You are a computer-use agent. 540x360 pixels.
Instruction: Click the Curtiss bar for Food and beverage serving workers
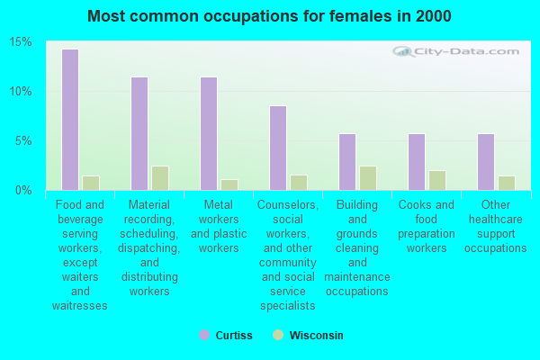(x=70, y=120)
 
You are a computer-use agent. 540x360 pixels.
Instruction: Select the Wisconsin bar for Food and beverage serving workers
(x=91, y=183)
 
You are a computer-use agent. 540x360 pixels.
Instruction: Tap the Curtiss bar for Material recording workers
(x=139, y=134)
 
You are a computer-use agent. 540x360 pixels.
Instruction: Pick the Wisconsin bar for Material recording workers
(x=160, y=178)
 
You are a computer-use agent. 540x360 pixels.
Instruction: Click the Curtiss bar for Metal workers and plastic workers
(x=209, y=134)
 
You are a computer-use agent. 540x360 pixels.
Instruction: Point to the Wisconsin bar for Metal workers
(x=229, y=184)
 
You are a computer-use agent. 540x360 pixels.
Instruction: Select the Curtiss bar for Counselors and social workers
(x=278, y=148)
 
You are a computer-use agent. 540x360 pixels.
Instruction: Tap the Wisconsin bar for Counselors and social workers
(x=299, y=183)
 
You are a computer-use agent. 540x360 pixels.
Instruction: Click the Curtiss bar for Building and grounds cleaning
(x=347, y=162)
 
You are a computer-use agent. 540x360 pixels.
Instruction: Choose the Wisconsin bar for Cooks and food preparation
(x=437, y=181)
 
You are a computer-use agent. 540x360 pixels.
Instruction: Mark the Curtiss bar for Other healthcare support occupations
(x=486, y=162)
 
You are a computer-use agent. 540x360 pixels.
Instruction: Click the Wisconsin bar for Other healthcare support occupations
(x=507, y=183)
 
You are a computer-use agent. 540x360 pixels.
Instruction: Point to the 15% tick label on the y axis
(x=21, y=42)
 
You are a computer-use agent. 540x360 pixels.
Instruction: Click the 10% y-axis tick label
(x=21, y=92)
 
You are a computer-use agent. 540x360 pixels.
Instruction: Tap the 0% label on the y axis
(x=23, y=190)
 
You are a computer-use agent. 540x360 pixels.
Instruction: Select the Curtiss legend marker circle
(x=204, y=335)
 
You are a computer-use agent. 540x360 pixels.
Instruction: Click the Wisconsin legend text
(x=316, y=335)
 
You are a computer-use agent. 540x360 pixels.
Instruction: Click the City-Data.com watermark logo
(x=455, y=51)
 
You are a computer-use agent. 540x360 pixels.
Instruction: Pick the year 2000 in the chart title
(x=433, y=16)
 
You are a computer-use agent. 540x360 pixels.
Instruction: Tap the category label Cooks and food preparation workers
(x=427, y=226)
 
